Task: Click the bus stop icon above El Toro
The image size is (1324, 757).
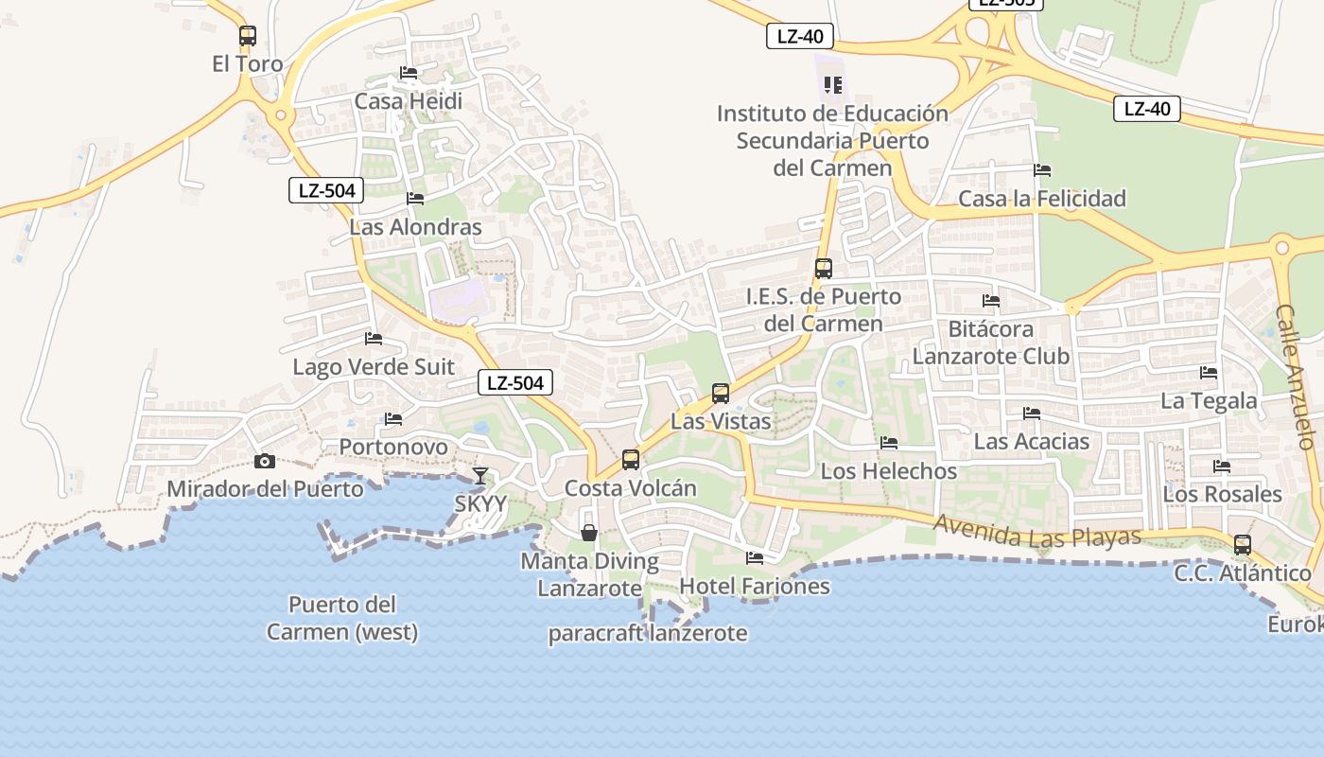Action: point(247,36)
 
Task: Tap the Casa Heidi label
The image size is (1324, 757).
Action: point(408,100)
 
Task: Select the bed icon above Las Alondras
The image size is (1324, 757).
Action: point(414,199)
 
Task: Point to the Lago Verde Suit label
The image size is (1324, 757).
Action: point(374,366)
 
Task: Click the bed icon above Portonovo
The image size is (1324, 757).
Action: point(393,418)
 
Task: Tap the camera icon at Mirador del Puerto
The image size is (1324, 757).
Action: point(265,461)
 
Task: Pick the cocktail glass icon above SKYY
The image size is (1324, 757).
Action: point(480,475)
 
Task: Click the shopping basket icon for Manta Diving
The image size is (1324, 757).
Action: point(588,533)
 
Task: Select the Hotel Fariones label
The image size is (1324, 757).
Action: point(754,586)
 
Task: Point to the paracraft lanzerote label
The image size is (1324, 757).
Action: point(648,633)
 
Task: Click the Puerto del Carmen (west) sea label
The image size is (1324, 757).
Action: point(342,618)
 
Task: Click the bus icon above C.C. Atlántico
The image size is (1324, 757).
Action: point(1242,545)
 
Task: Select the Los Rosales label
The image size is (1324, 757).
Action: point(1222,494)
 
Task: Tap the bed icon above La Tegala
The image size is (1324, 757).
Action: point(1208,373)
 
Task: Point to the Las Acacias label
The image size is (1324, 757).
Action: point(1031,441)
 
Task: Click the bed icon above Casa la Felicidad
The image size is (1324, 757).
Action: point(1042,170)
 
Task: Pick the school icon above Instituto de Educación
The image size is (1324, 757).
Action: point(832,85)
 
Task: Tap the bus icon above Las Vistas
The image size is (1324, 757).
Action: point(720,393)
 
